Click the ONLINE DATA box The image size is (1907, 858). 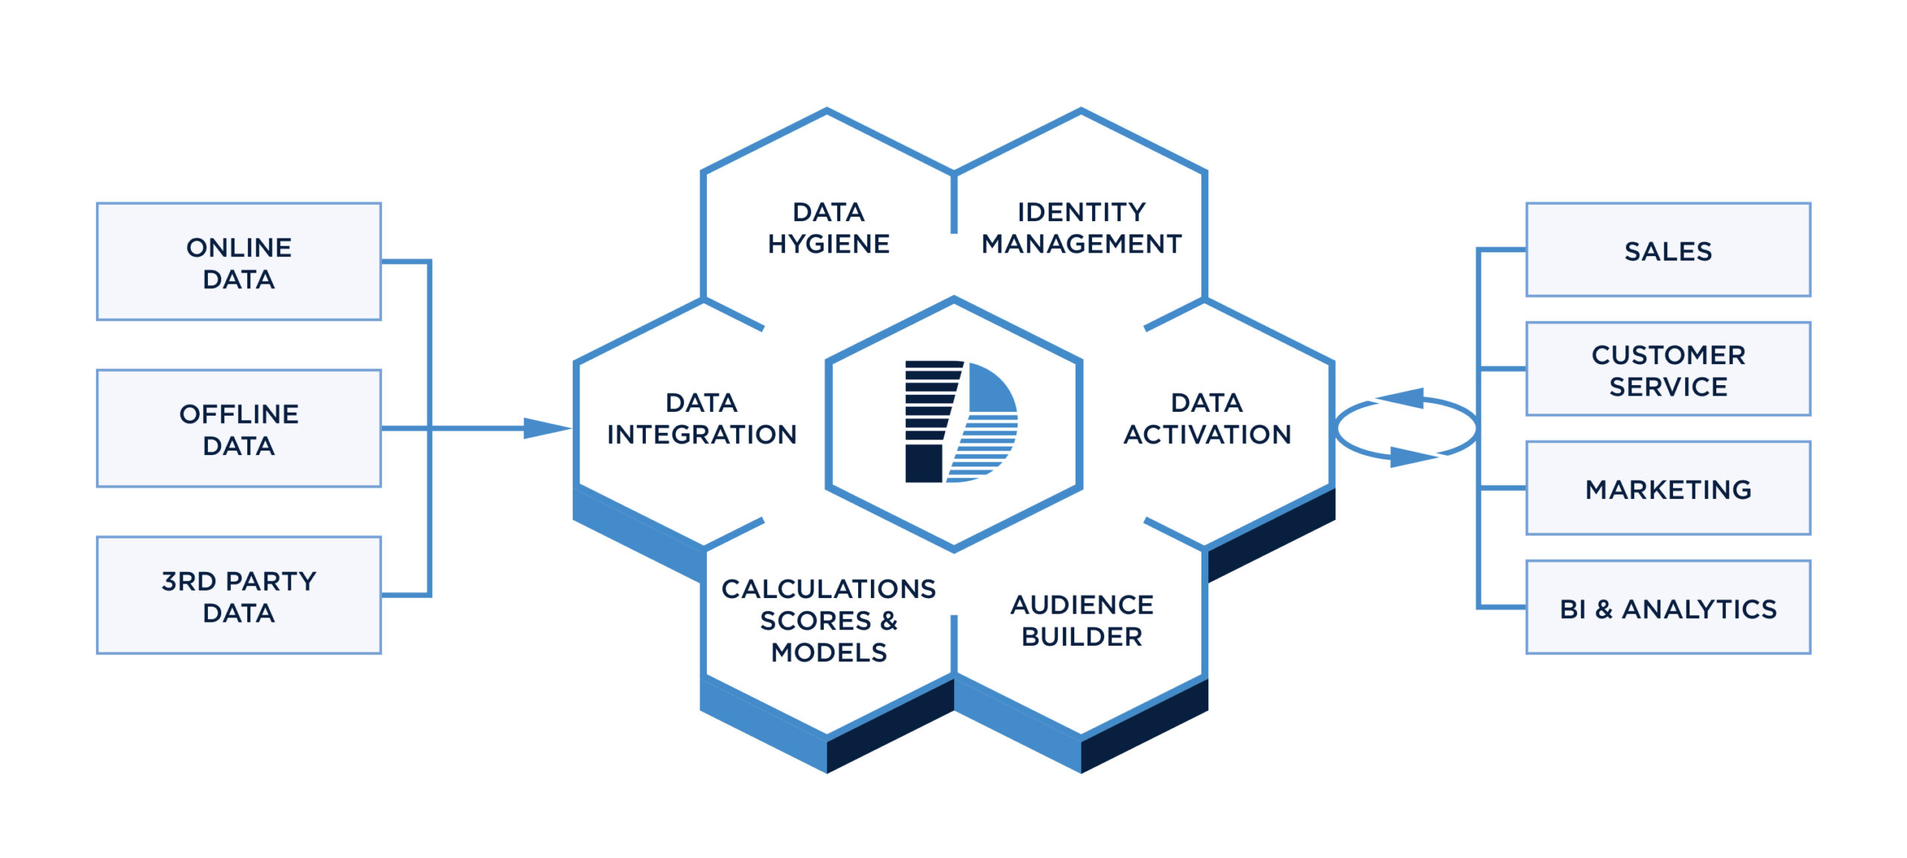coord(238,261)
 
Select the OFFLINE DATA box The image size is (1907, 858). coord(238,428)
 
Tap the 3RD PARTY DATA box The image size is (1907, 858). coord(238,595)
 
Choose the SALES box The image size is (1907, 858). coord(1668,250)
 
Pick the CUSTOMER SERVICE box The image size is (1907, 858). coord(1668,369)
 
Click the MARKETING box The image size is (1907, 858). coord(1668,489)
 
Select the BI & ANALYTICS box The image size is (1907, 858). coord(1668,608)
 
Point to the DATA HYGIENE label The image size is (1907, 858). coord(828,228)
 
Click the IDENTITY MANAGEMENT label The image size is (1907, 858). coord(1081,228)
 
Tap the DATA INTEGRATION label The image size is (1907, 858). coord(702,419)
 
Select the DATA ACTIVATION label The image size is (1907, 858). coord(1207,419)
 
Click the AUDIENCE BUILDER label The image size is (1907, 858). coord(1082,620)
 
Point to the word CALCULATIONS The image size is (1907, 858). coord(828,589)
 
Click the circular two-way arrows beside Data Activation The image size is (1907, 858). coord(1406,428)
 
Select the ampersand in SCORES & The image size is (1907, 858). coord(889,620)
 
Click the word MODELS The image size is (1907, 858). coord(828,652)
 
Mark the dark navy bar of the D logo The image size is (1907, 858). coord(924,463)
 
